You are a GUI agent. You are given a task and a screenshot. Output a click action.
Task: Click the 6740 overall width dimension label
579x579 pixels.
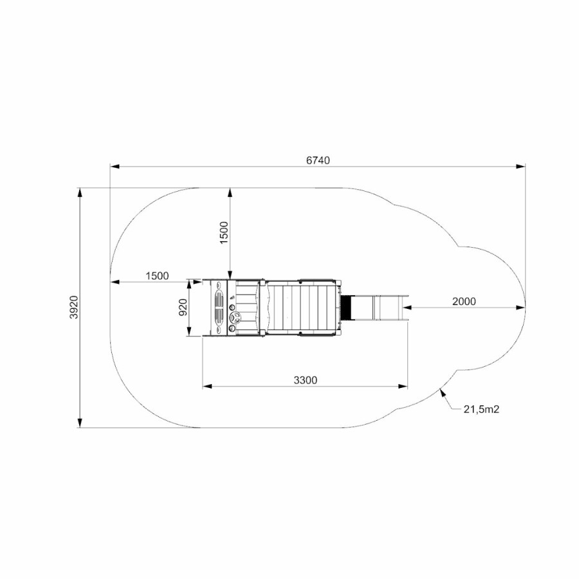[318, 160]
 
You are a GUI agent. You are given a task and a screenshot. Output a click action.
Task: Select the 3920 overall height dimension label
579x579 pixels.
[74, 308]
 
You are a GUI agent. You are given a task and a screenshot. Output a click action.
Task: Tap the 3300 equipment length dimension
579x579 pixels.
[306, 380]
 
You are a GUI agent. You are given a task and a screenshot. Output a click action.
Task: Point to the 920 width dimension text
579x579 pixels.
[183, 308]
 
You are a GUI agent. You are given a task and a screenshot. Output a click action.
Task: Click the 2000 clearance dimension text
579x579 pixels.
[464, 301]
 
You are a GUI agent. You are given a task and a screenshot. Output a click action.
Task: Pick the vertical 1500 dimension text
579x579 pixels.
[224, 233]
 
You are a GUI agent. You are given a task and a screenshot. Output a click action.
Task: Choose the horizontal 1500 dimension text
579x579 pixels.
[158, 276]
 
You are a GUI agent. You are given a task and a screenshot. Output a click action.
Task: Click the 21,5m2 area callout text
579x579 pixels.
[481, 409]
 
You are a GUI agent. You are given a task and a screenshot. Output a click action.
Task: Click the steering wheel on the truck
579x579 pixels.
[235, 317]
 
